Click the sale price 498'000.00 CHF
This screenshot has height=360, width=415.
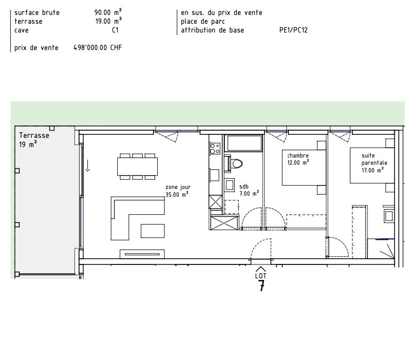tap(97, 48)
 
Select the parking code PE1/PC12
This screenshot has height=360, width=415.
tap(294, 30)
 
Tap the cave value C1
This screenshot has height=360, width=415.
tap(115, 30)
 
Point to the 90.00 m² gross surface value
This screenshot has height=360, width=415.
tap(108, 12)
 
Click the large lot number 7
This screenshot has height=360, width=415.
tap(262, 286)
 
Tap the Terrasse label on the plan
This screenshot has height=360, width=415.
tap(34, 135)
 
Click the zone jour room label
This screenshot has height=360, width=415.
tap(178, 187)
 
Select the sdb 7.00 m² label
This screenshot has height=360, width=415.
tap(249, 190)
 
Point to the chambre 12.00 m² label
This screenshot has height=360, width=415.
tap(298, 159)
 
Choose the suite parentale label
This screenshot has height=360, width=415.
tap(374, 159)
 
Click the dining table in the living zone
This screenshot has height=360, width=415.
tap(137, 167)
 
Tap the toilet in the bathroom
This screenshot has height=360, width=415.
tap(236, 163)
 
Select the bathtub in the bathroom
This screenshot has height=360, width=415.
tap(243, 143)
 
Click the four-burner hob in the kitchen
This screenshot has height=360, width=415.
tap(215, 148)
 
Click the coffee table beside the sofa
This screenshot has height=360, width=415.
tap(152, 231)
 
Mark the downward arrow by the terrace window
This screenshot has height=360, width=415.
tap(88, 166)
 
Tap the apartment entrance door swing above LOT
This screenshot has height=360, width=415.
tap(260, 248)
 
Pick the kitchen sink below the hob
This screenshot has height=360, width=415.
tap(214, 175)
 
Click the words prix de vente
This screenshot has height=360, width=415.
tap(36, 48)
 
